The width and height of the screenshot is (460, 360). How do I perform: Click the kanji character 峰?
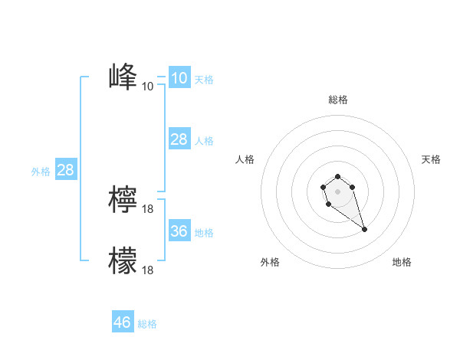click(x=123, y=77)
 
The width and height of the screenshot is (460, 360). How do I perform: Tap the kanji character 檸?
click(x=123, y=199)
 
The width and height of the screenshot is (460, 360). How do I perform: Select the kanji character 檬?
click(x=123, y=260)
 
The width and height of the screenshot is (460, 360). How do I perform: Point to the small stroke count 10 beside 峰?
click(x=148, y=86)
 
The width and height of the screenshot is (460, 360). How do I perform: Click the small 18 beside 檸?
click(x=148, y=208)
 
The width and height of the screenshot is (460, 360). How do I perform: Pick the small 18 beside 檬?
click(x=148, y=270)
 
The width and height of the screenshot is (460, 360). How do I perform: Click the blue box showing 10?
click(x=179, y=78)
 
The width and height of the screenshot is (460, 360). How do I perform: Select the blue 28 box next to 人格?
click(x=179, y=139)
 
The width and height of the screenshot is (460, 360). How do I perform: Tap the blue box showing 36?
click(x=179, y=231)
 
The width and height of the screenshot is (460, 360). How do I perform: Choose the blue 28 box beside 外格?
click(x=65, y=170)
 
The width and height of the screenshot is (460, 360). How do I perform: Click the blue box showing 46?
click(x=122, y=322)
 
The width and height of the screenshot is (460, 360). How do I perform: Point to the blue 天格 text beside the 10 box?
click(x=204, y=80)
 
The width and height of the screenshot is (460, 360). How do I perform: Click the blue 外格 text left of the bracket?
click(x=41, y=172)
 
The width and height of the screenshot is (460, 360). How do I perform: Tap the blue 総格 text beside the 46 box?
click(x=147, y=324)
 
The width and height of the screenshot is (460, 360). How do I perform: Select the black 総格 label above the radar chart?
click(x=338, y=100)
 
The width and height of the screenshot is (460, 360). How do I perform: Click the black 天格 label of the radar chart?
click(x=431, y=159)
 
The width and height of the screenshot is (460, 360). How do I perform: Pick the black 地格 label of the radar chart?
click(x=402, y=262)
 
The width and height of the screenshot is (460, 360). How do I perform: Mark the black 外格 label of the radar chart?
click(x=270, y=262)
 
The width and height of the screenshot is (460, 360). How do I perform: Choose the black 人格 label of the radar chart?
click(x=245, y=159)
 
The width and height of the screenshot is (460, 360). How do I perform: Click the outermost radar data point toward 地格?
click(x=364, y=229)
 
